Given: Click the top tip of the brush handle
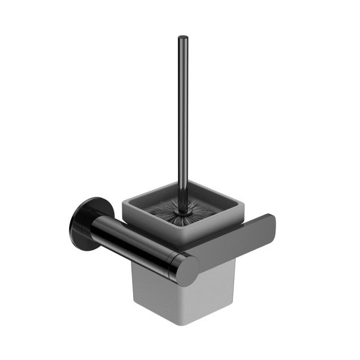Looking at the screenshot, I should click(182, 39).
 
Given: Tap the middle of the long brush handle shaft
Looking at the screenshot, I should click(182, 120).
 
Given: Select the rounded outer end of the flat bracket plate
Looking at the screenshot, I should click(269, 228).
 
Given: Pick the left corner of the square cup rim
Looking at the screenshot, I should click(124, 205).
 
